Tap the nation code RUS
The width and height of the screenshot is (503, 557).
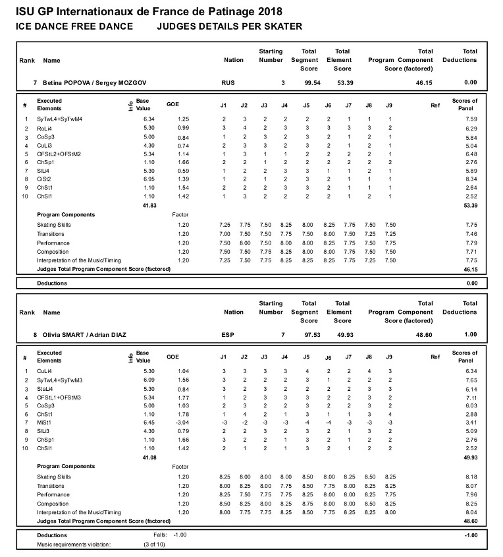point(227,82)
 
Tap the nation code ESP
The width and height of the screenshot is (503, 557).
point(227,335)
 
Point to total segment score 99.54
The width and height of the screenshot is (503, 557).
point(307,82)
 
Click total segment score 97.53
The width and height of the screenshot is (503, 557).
point(307,335)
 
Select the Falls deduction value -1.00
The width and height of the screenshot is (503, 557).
point(180,535)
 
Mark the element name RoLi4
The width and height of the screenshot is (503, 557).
point(45,128)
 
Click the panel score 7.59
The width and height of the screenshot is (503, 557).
point(469,119)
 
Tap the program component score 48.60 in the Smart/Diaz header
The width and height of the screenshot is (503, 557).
point(423,335)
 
